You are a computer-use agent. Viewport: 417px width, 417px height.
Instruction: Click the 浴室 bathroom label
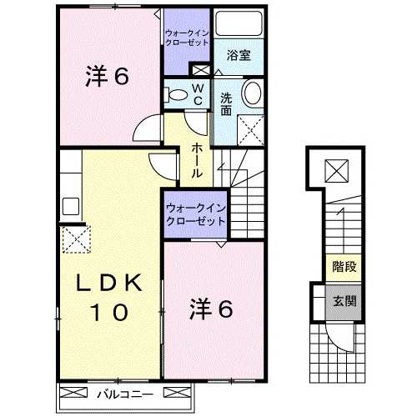tap(239, 55)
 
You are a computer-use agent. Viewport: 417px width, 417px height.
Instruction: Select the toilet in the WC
tap(176, 96)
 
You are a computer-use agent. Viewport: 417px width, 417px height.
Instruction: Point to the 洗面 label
tap(227, 103)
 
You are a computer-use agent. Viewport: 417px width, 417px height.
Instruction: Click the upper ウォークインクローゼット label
tap(187, 38)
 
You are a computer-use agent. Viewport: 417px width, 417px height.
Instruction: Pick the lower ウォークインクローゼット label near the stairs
tap(194, 214)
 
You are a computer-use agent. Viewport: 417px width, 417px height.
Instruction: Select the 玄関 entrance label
tap(339, 301)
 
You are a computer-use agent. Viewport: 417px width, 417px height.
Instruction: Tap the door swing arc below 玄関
tap(341, 341)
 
